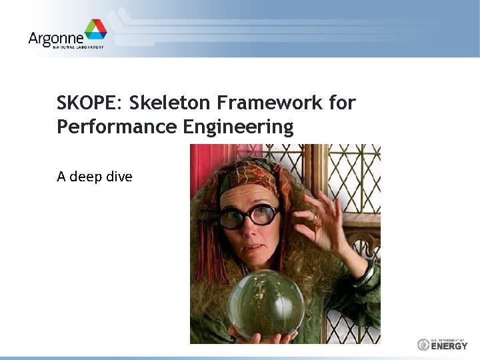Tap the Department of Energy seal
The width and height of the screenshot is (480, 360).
(423, 345)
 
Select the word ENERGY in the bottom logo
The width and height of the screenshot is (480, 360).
(450, 346)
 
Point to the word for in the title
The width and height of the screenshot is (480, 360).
(343, 103)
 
